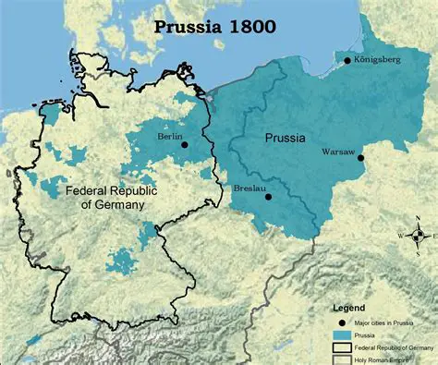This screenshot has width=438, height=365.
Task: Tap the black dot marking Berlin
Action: tap(185, 144)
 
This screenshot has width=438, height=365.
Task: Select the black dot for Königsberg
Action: tap(347, 61)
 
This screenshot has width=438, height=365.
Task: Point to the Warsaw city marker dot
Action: tap(361, 158)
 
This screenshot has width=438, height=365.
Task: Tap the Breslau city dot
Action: tap(268, 196)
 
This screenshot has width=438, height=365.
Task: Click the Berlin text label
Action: tap(171, 135)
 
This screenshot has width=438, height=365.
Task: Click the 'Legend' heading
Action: tap(349, 307)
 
